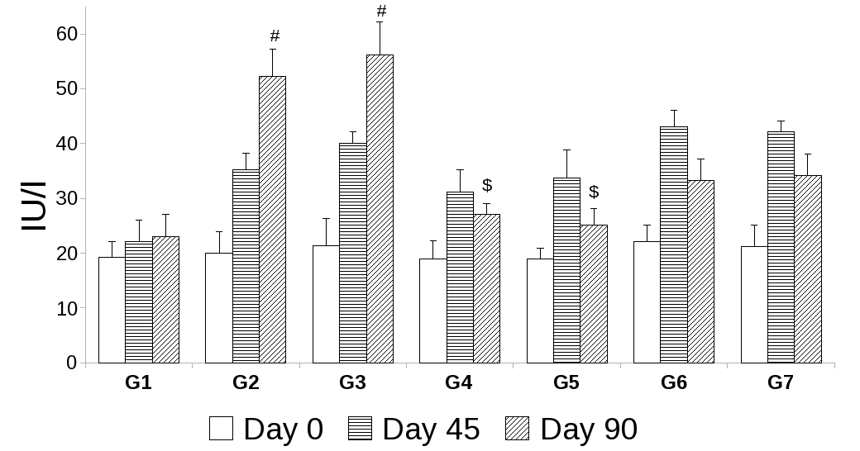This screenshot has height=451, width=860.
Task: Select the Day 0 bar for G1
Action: (x=112, y=310)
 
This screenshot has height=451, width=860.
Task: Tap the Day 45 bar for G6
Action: (x=674, y=244)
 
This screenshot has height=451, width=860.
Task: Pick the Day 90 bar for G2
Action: (x=272, y=220)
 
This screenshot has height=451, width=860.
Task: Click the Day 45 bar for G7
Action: (x=781, y=247)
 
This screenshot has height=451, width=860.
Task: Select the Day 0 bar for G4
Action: (x=432, y=311)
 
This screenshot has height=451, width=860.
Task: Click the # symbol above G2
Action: (x=275, y=36)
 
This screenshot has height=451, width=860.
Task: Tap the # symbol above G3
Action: (x=381, y=11)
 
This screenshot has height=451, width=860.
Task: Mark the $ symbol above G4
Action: (x=487, y=185)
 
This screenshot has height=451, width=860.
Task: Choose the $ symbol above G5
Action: (x=594, y=192)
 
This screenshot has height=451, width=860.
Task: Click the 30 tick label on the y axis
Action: (x=67, y=198)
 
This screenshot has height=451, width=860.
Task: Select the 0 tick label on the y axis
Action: (x=72, y=363)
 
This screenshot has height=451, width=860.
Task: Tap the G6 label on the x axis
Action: (x=674, y=382)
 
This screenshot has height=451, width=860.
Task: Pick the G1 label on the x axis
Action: (x=138, y=382)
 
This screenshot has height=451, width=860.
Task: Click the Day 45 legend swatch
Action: (x=360, y=429)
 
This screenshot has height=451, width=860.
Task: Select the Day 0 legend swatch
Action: (x=221, y=429)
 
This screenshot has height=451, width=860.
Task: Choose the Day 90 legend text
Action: (x=588, y=429)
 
